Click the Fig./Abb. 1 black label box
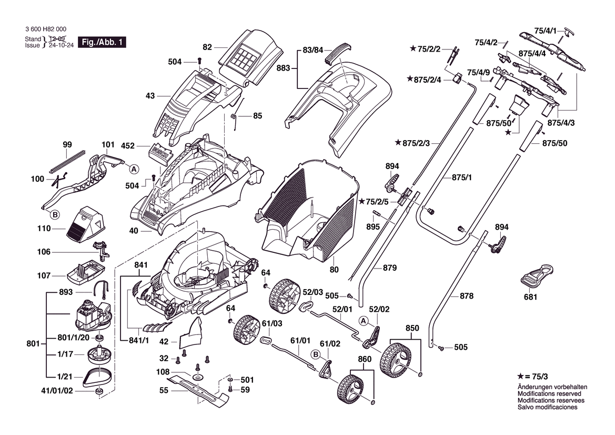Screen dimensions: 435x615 pos(102,42)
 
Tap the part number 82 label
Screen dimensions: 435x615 pos(207,47)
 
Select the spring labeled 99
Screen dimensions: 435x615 pos(67,161)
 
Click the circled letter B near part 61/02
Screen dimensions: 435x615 pos(315,354)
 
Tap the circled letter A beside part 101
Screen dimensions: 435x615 pos(134,169)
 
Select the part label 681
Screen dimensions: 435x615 pos(530,297)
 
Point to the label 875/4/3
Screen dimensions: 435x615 pos(561,123)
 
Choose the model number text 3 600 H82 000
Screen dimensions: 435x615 pos(46,29)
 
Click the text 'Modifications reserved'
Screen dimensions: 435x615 pos(549,393)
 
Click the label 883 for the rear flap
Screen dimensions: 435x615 pos(283,68)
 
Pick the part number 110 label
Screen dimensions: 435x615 pos(44,229)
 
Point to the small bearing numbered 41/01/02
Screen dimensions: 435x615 pos(98,392)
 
